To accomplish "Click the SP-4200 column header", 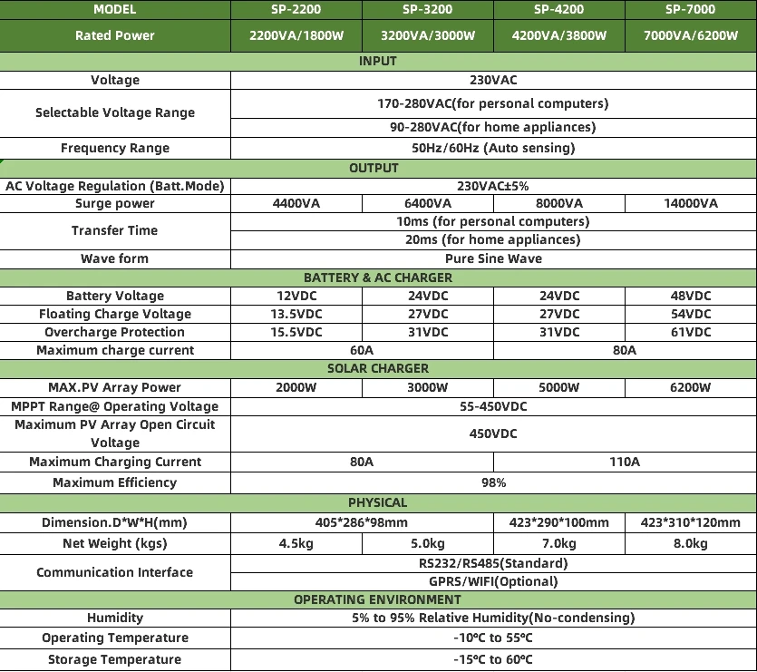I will [x=558, y=9].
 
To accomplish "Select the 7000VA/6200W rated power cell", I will [x=690, y=35].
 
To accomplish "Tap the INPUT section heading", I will [x=378, y=61].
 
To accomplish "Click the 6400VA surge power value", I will [x=427, y=203].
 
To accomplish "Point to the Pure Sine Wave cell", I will [x=493, y=258].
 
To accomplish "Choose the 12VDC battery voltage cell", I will [x=296, y=296].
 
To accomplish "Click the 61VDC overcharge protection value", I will [x=690, y=332].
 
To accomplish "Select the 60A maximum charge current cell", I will [x=362, y=350].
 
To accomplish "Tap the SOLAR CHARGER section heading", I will [x=378, y=369].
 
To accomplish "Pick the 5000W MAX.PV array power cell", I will [x=558, y=387].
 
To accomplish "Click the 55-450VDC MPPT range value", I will [x=493, y=406].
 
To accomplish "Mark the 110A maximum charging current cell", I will [x=625, y=462].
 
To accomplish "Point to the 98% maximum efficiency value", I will [x=493, y=482].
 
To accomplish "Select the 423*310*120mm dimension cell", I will [x=690, y=522].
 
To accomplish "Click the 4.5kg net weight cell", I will [x=296, y=543].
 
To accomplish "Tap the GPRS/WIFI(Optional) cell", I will [x=493, y=581].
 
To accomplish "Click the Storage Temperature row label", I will [x=115, y=659].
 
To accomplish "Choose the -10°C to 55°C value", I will [x=493, y=638].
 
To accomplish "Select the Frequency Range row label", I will [x=115, y=148].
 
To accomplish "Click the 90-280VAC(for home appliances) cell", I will [x=493, y=127].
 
